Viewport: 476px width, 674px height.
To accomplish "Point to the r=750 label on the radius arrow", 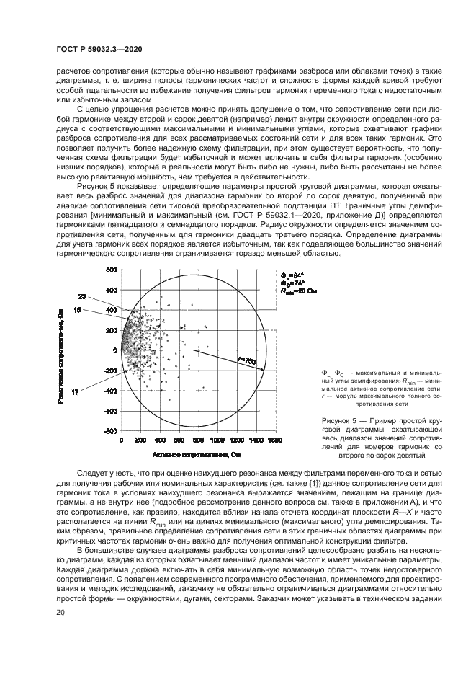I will coord(246,359).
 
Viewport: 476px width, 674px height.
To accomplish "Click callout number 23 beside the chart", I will coord(82,296).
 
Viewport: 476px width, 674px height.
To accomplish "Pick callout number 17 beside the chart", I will coord(76,391).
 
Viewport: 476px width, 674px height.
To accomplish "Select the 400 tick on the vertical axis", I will coord(111,310).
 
